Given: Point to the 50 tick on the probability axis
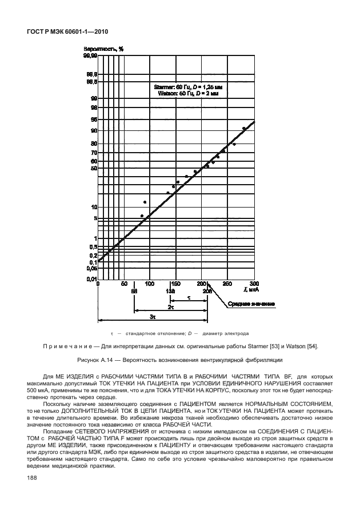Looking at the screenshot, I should (x=93, y=169).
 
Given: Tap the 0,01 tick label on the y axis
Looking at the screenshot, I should (x=91, y=278).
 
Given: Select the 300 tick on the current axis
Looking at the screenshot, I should (x=254, y=284).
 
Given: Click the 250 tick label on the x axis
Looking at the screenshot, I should (x=227, y=284).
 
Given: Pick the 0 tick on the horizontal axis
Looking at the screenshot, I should (x=98, y=284).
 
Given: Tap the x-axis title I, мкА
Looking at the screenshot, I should (x=243, y=290).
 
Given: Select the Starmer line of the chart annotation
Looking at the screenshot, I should (x=186, y=86).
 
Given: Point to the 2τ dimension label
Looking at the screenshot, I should (x=171, y=307).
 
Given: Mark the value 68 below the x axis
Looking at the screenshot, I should (x=134, y=291).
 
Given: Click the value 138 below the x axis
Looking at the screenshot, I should (x=171, y=291).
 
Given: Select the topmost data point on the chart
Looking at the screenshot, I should (x=244, y=129).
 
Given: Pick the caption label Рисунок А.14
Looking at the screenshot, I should (x=95, y=360).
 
